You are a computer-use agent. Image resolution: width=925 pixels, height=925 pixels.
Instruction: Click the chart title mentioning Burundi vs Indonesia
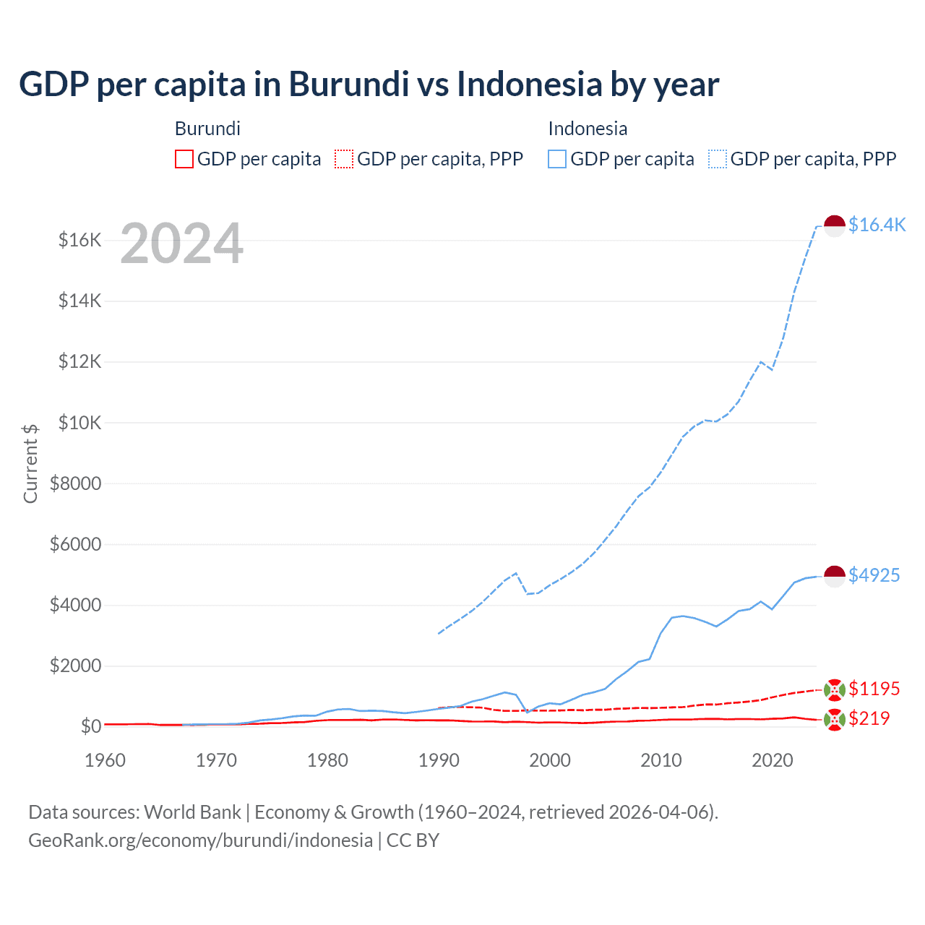pyautogui.click(x=369, y=85)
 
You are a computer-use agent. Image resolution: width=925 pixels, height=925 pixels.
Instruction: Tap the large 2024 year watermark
pyautogui.click(x=181, y=244)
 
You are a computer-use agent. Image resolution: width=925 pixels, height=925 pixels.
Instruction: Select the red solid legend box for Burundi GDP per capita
pyautogui.click(x=184, y=159)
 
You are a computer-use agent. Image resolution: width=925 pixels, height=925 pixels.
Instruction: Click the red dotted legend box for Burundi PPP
pyautogui.click(x=344, y=159)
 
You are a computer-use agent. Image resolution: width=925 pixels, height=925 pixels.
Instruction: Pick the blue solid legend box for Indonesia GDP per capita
pyautogui.click(x=557, y=159)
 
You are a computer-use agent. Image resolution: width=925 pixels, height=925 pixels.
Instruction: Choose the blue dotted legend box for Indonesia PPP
pyautogui.click(x=718, y=159)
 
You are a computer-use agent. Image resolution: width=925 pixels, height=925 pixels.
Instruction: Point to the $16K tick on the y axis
pyautogui.click(x=79, y=240)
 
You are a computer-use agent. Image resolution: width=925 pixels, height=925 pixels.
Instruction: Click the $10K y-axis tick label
pyautogui.click(x=79, y=423)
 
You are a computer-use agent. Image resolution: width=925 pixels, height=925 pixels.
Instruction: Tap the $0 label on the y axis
pyautogui.click(x=90, y=726)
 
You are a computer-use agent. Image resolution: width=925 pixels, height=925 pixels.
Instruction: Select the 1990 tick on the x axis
pyautogui.click(x=439, y=760)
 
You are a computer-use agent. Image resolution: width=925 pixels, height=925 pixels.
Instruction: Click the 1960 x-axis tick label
pyautogui.click(x=105, y=760)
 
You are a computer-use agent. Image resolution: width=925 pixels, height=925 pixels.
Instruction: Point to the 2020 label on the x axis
pyautogui.click(x=773, y=760)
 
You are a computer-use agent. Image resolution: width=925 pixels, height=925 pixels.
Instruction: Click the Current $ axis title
pyautogui.click(x=30, y=463)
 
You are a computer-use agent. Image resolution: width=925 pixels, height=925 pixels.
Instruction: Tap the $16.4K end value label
pyautogui.click(x=877, y=225)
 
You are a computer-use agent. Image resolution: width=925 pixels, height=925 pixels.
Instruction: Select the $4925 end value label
pyautogui.click(x=874, y=575)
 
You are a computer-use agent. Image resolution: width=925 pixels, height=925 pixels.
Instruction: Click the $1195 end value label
pyautogui.click(x=874, y=689)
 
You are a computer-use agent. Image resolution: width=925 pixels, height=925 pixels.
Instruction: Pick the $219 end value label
pyautogui.click(x=869, y=718)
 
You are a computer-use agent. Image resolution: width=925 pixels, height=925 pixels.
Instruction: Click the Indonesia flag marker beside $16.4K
pyautogui.click(x=835, y=225)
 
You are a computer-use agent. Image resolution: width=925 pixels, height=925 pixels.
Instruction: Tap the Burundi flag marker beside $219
pyautogui.click(x=835, y=720)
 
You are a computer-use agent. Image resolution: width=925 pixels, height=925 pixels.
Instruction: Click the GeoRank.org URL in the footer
pyautogui.click(x=200, y=840)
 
